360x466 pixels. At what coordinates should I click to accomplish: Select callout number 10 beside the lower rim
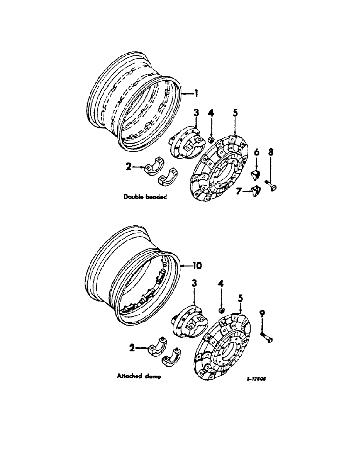tap(198, 266)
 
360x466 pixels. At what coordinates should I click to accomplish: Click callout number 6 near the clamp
tap(256, 151)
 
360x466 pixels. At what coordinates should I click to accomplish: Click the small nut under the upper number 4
tap(210, 139)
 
